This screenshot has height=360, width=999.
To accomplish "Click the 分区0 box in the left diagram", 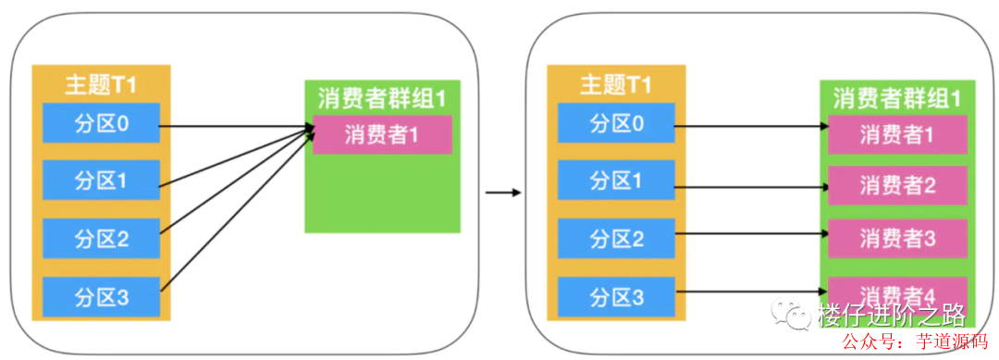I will click(x=102, y=123).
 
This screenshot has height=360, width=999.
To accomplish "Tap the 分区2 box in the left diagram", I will click(x=102, y=240).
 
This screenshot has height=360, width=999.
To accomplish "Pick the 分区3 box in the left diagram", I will click(x=102, y=298).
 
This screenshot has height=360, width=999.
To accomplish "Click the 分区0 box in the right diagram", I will click(x=616, y=123).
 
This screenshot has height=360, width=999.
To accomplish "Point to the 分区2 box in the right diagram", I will click(x=616, y=240).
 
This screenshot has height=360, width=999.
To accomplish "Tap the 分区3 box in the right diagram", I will click(x=616, y=298).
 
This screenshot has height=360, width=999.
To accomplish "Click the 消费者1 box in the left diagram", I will click(x=382, y=135).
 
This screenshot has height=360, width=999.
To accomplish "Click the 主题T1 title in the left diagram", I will click(x=101, y=85).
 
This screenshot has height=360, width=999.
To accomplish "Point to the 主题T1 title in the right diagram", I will click(x=616, y=85).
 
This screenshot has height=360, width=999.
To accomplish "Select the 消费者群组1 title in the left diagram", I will click(x=382, y=97).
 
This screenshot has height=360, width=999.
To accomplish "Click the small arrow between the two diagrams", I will click(x=502, y=192).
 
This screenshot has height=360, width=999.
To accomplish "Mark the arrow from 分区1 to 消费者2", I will click(x=749, y=186).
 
